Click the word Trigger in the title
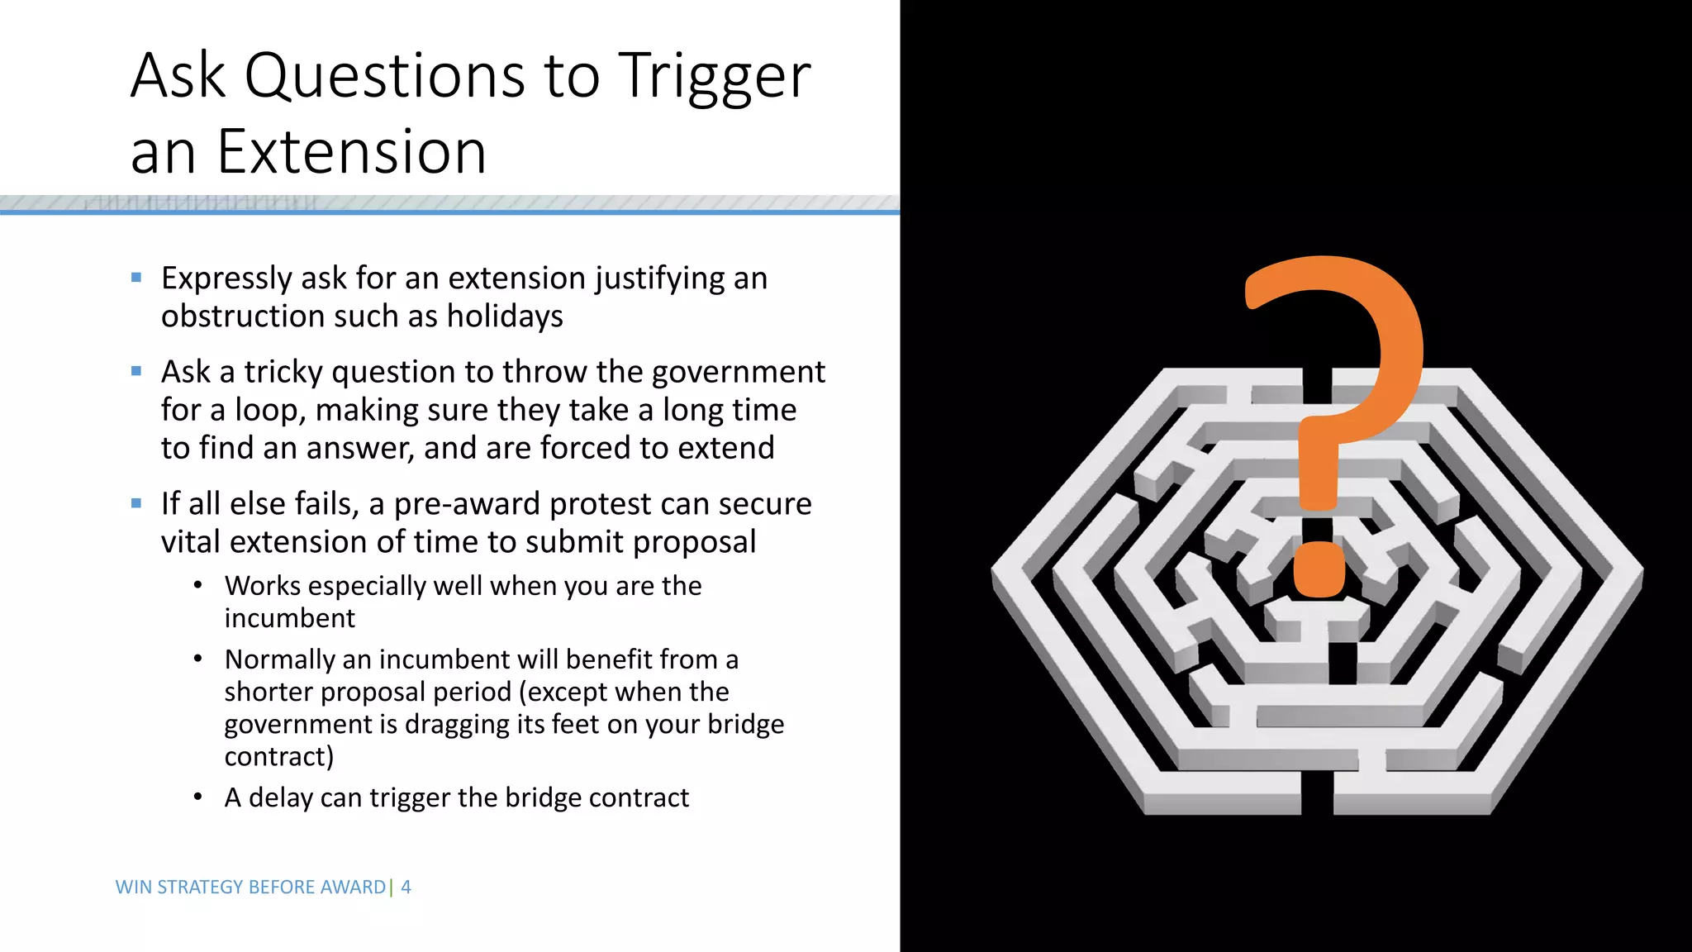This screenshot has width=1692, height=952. (714, 77)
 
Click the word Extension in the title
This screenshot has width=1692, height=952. (351, 152)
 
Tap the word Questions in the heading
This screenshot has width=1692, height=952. (384, 77)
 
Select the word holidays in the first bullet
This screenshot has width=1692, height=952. (504, 317)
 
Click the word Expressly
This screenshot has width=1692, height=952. (225, 278)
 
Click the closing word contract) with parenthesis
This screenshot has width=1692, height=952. (278, 757)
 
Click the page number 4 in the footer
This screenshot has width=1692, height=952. (406, 887)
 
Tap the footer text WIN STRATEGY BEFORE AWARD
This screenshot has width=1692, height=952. (250, 887)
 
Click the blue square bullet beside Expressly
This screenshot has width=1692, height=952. (136, 278)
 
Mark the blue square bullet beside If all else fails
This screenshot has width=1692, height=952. (136, 503)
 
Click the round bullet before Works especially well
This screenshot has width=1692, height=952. (197, 586)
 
